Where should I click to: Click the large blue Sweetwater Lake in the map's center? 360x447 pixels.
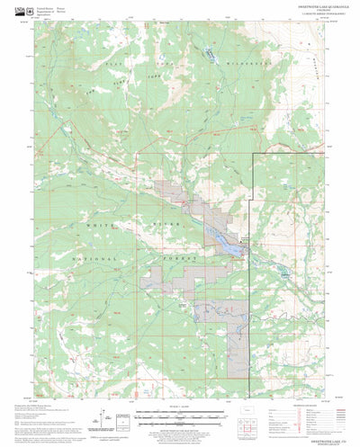pos(223,236)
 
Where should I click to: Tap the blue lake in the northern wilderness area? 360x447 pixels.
pos(209,55)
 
